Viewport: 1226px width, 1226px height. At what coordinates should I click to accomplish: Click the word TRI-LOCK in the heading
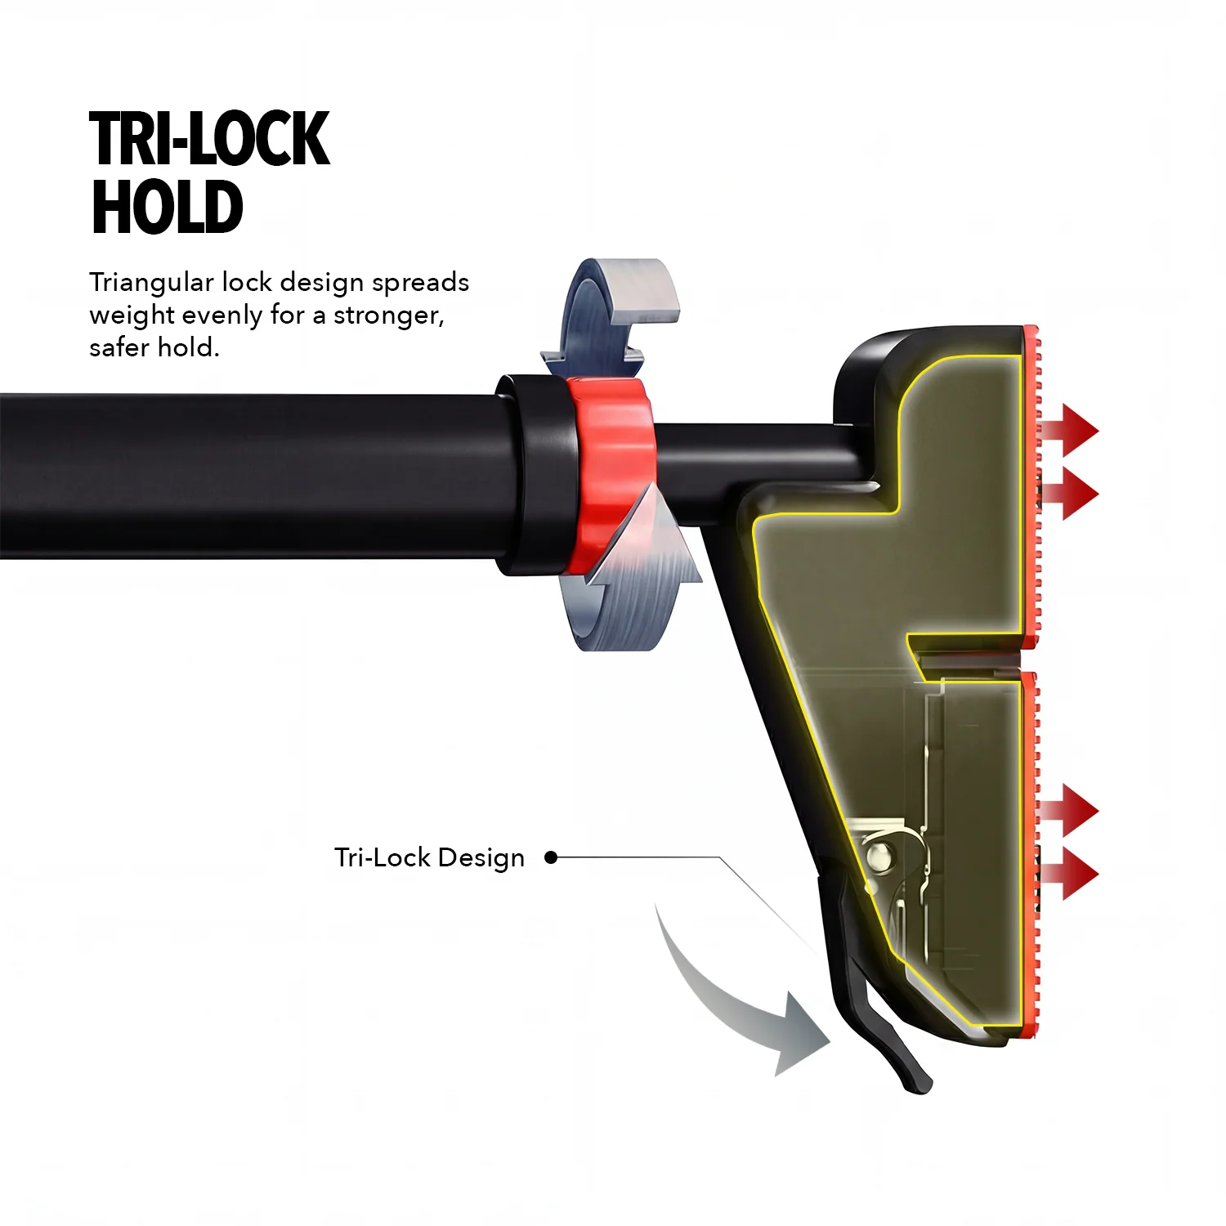(210, 140)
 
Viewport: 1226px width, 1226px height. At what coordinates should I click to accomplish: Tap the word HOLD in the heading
(167, 207)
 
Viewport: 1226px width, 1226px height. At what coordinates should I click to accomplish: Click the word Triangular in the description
(151, 283)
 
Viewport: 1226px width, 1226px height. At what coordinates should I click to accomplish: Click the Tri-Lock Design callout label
(429, 858)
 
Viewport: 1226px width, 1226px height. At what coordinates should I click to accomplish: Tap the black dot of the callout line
(551, 857)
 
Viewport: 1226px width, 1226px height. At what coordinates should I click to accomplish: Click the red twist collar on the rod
(611, 474)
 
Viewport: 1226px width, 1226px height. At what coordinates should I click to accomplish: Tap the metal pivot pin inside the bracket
(879, 856)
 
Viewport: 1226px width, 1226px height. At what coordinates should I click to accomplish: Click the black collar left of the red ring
(535, 474)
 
